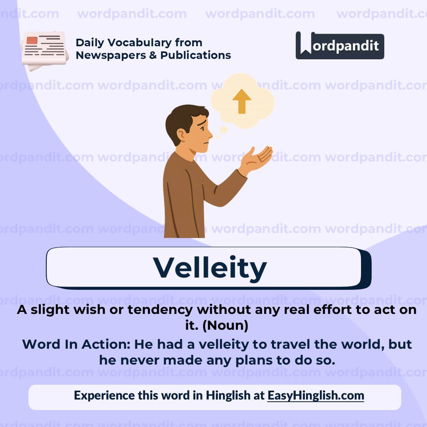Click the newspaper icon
click(44, 50)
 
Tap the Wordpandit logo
click(340, 45)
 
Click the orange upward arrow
click(242, 101)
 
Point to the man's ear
click(181, 135)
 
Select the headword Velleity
click(210, 268)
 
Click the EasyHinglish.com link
click(316, 395)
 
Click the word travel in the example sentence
click(290, 344)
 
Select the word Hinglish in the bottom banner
click(228, 395)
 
